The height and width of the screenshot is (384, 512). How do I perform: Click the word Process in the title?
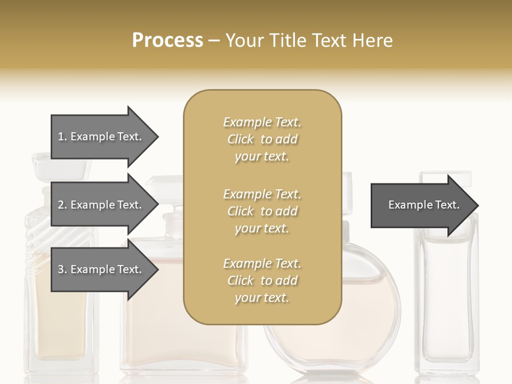tap(167, 41)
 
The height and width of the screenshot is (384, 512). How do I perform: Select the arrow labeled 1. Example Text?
tap(100, 137)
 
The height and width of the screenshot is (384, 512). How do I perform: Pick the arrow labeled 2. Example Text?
tap(100, 205)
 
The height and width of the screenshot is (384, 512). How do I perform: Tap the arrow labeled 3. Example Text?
tap(100, 269)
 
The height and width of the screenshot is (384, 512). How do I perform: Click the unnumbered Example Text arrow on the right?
tap(423, 205)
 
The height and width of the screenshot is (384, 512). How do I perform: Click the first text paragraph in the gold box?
tap(262, 139)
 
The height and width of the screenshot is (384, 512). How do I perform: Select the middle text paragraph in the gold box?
tap(262, 211)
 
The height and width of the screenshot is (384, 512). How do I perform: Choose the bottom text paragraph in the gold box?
tap(262, 281)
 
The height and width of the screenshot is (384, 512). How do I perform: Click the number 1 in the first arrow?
tap(61, 137)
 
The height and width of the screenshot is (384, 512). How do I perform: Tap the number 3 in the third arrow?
tap(61, 269)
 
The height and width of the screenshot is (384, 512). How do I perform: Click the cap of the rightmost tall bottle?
tap(445, 178)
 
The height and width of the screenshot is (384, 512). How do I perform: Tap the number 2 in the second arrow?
tap(61, 205)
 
